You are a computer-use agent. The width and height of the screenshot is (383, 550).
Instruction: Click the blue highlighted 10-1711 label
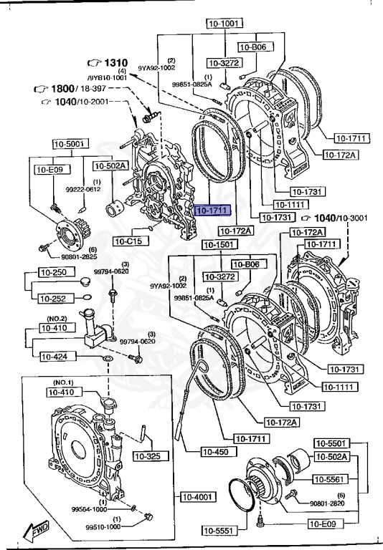click(x=211, y=210)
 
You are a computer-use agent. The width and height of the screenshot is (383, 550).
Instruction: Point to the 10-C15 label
click(x=130, y=241)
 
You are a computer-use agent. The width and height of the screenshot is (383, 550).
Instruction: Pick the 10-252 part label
click(x=52, y=298)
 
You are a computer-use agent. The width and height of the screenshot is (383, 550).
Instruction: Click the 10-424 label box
click(x=55, y=356)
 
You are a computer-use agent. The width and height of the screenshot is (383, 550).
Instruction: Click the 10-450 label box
click(x=218, y=452)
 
